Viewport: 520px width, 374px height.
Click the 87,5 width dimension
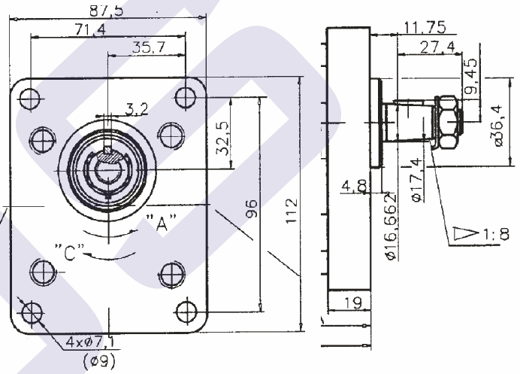point(106,11)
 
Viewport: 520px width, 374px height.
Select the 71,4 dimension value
point(90,30)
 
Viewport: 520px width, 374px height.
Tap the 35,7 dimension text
point(148,47)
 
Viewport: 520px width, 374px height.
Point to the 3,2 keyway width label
point(136,109)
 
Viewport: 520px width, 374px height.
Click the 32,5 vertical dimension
point(222,138)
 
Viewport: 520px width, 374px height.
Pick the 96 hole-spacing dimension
point(252,208)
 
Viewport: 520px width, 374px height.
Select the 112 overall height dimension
point(292,211)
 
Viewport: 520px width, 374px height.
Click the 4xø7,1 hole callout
point(89,342)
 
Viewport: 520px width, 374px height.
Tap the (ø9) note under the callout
point(99,360)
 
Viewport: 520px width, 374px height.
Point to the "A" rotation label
point(161,223)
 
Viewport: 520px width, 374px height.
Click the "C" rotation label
point(70,252)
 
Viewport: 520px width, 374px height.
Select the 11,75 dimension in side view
point(425,27)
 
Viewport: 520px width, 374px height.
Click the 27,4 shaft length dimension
point(438,47)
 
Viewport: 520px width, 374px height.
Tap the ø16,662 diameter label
point(392,227)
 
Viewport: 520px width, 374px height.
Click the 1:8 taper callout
point(481,234)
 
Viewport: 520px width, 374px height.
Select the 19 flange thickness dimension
point(352,303)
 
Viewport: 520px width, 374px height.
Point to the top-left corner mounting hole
point(30,99)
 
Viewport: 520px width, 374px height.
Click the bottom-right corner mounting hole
point(186,312)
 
